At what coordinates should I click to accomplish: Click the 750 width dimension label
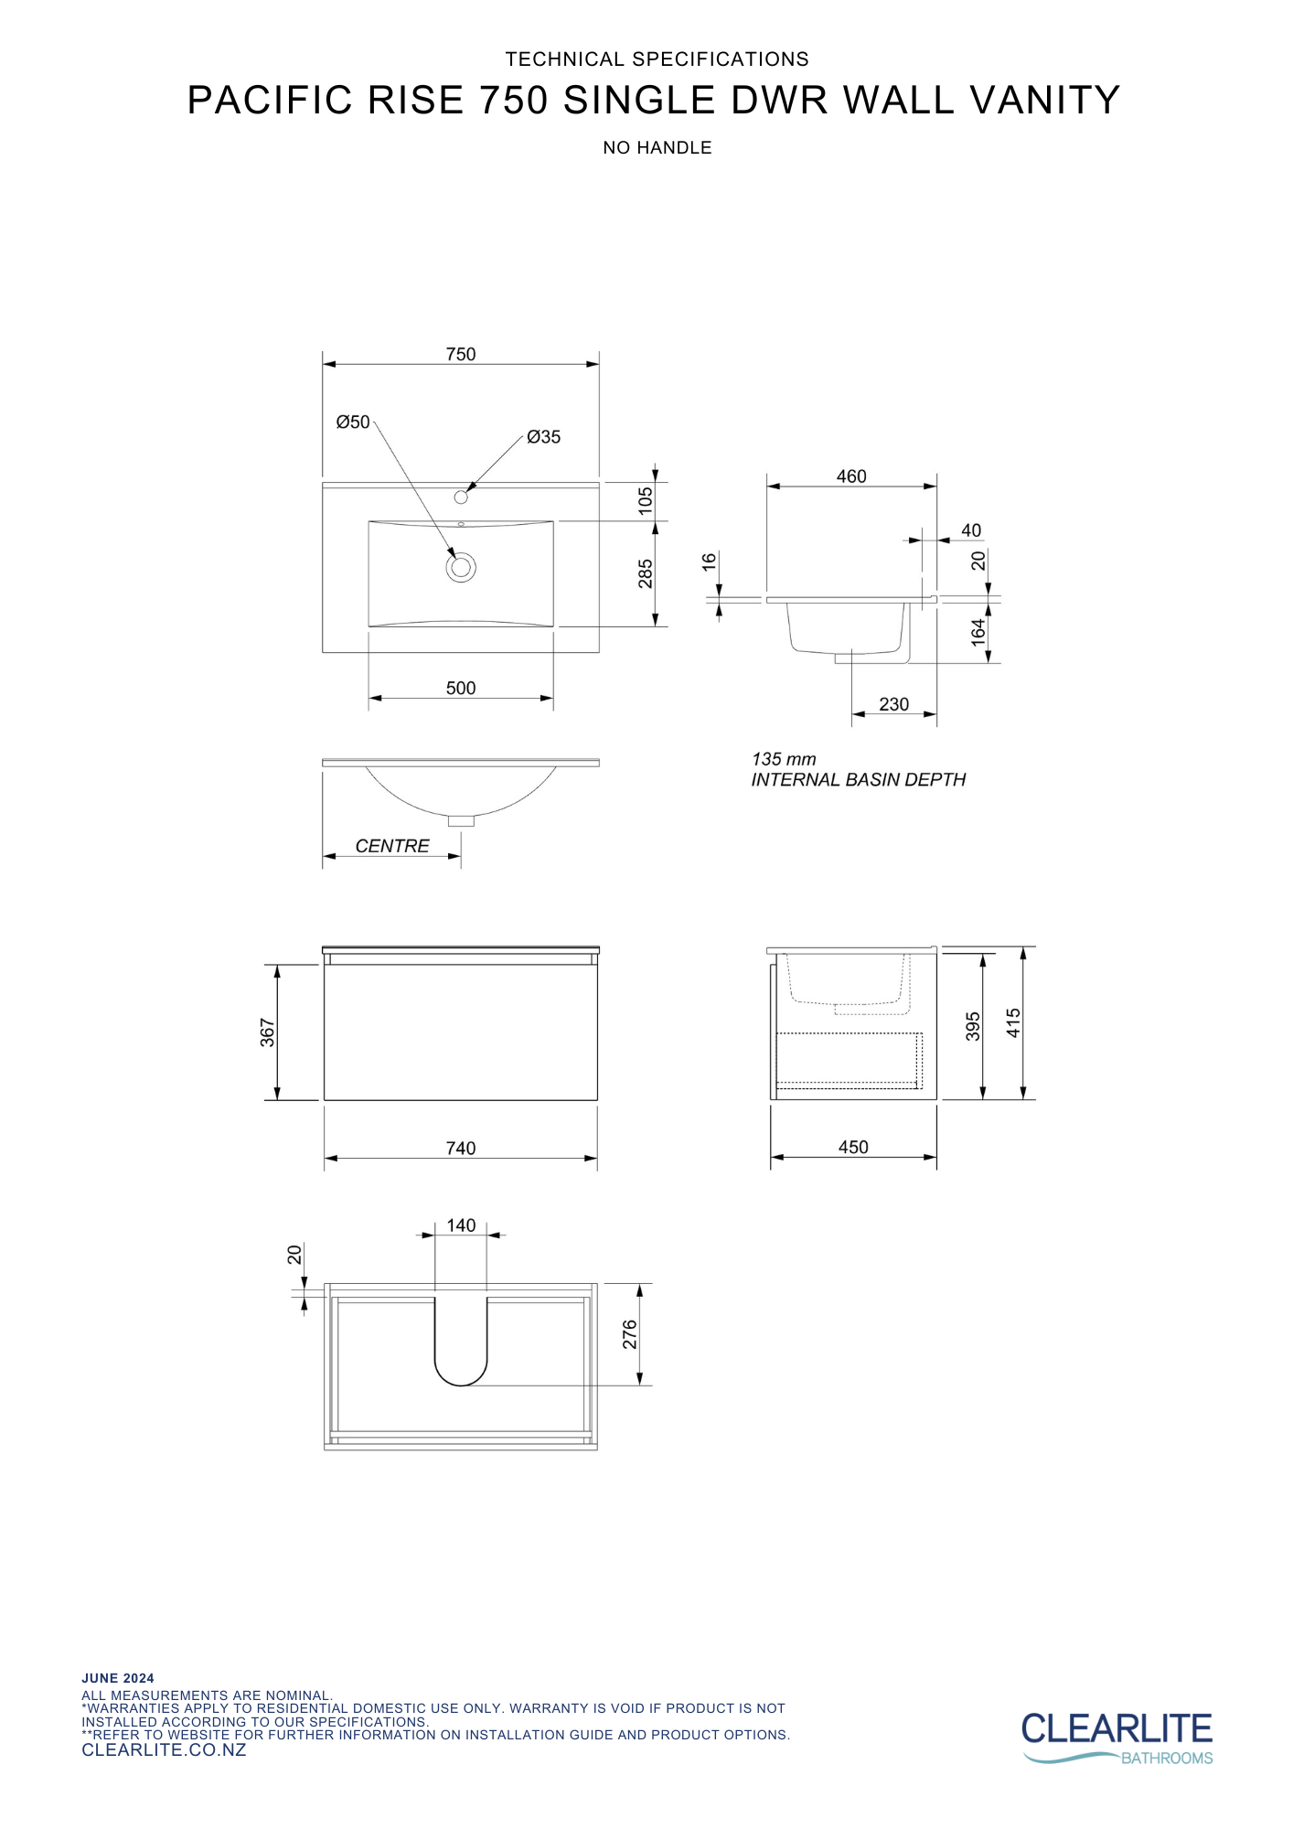[x=461, y=354]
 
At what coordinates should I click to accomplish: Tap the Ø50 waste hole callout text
[x=353, y=422]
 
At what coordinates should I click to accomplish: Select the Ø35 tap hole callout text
[x=544, y=437]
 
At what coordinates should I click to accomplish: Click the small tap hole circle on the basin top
[x=461, y=497]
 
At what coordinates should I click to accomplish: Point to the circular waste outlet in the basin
[x=461, y=567]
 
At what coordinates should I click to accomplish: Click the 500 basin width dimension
[x=461, y=688]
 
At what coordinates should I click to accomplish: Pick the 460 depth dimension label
[x=851, y=476]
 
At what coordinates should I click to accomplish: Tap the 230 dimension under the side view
[x=893, y=704]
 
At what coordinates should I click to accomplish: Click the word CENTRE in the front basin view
[x=392, y=846]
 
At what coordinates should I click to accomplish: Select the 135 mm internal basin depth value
[x=784, y=759]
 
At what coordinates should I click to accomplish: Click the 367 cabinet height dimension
[x=267, y=1032]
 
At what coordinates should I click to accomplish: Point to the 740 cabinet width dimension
[x=461, y=1148]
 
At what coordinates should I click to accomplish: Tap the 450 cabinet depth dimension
[x=853, y=1147]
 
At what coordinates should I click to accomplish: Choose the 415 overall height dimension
[x=1013, y=1023]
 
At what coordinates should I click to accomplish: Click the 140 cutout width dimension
[x=461, y=1225]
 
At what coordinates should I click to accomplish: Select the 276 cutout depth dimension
[x=630, y=1334]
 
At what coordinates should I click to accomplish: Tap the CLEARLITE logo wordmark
[x=1117, y=1729]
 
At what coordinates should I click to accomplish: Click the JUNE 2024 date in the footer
[x=118, y=1678]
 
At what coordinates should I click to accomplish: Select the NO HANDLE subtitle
[x=657, y=148]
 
